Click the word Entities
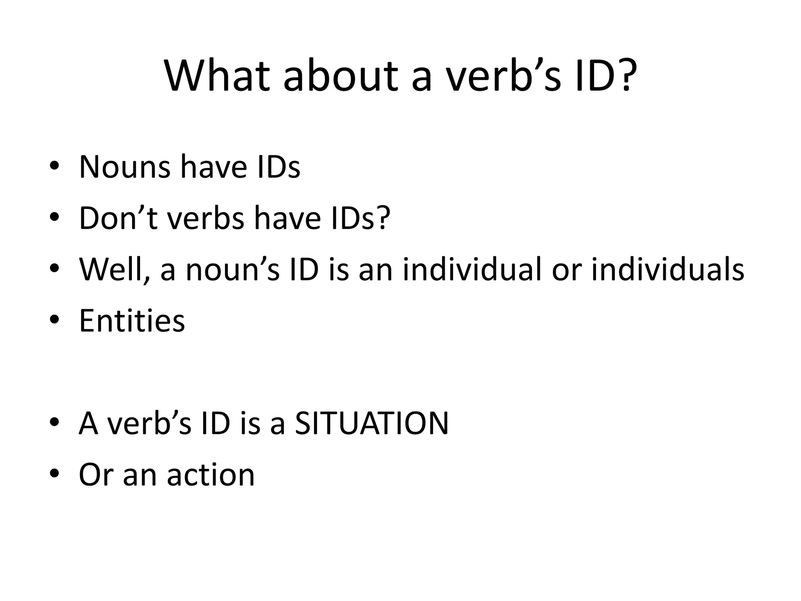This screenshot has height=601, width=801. [x=132, y=320]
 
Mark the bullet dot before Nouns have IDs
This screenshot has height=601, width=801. [x=54, y=167]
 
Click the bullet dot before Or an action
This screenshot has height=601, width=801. [x=54, y=475]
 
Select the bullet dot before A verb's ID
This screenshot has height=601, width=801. [x=54, y=423]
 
